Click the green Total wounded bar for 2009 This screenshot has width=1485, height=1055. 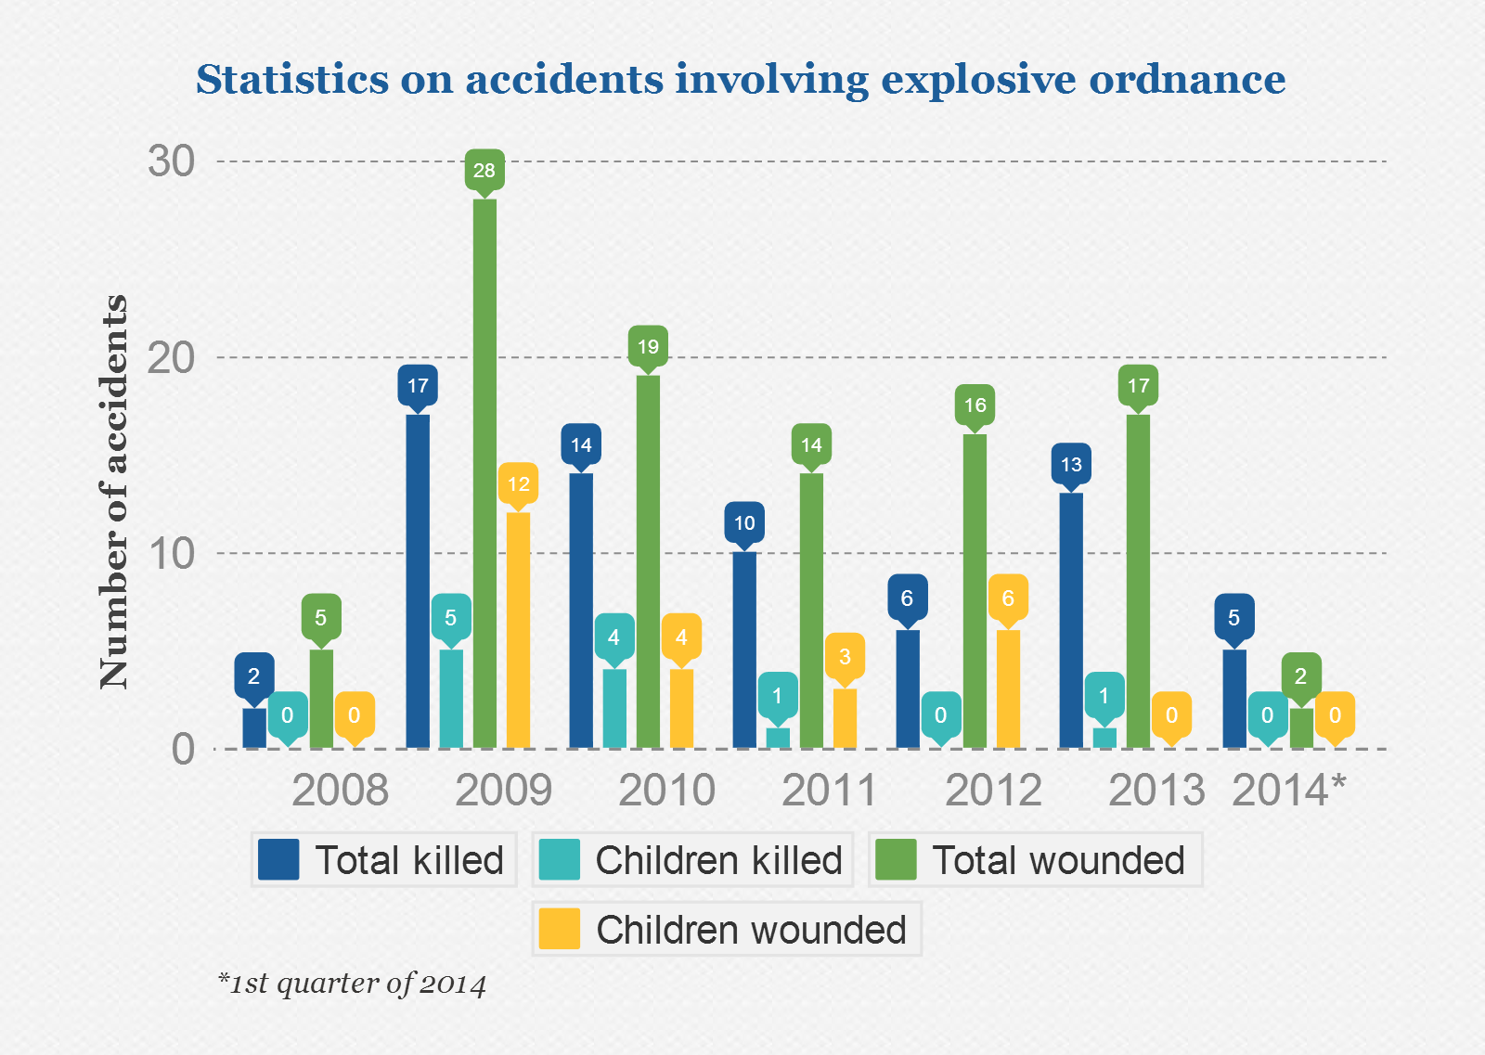pos(484,473)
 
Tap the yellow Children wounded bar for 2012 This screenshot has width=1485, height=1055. pos(1008,688)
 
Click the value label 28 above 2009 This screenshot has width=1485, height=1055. pos(484,170)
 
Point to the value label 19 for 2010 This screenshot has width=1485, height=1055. pos(648,347)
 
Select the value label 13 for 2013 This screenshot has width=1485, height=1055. pos(1071,464)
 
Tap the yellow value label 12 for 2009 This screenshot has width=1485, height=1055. pos(518,483)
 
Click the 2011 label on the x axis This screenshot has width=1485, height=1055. pos(830,791)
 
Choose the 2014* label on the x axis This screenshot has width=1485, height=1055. pos(1288,791)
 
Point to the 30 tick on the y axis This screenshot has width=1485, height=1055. pos(172,161)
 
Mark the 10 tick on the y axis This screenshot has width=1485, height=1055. pos(172,554)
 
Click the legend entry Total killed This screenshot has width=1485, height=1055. pos(384,860)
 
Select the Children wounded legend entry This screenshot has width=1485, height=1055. pos(727,930)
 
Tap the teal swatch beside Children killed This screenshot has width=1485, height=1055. pos(559,859)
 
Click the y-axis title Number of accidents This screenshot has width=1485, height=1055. pos(113,492)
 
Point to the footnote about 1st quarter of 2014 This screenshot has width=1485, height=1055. pos(353,984)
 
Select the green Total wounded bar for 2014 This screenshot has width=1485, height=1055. pos(1301,727)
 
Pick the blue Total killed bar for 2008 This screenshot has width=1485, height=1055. pos(254,727)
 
